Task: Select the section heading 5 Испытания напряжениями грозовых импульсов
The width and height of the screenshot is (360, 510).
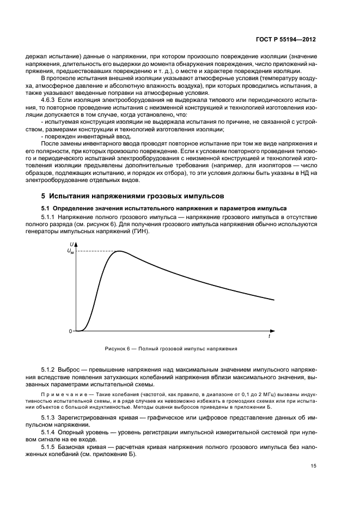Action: [125, 196]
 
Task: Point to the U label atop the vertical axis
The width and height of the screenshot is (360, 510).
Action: [71, 244]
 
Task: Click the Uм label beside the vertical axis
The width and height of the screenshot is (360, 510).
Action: [70, 251]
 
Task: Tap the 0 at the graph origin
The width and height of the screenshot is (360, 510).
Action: [70, 331]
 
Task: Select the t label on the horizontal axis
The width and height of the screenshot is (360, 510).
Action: [269, 337]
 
